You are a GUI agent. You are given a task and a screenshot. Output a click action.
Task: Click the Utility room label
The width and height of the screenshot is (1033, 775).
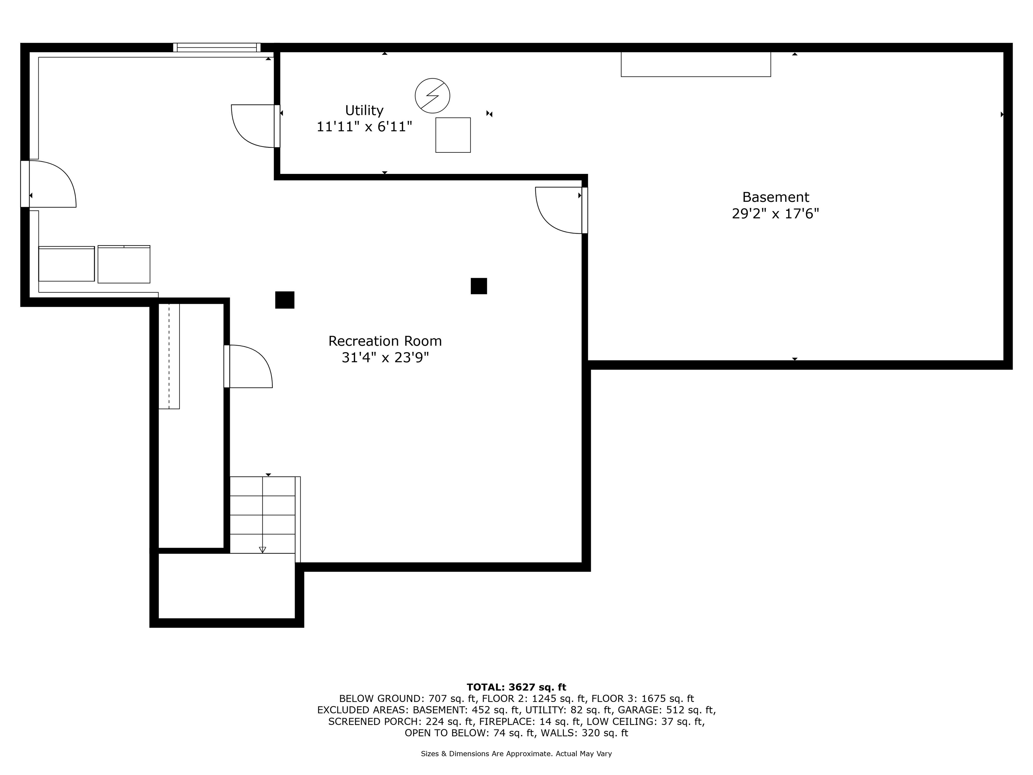[364, 110]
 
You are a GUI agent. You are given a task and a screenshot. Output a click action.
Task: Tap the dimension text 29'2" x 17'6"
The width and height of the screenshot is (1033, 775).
[775, 214]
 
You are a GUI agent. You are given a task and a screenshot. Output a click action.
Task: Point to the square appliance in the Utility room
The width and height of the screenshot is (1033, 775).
[453, 135]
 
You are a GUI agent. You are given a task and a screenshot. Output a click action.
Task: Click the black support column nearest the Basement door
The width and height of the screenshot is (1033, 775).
[479, 286]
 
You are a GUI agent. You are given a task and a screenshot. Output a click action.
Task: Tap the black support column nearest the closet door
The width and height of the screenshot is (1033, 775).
[284, 300]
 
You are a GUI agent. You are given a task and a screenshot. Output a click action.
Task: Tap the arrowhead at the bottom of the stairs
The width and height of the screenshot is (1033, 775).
[262, 550]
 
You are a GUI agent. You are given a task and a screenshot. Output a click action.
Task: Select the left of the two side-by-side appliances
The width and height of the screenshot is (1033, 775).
[66, 264]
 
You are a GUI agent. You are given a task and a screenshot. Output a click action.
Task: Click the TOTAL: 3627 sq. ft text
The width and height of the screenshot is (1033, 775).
[516, 687]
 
